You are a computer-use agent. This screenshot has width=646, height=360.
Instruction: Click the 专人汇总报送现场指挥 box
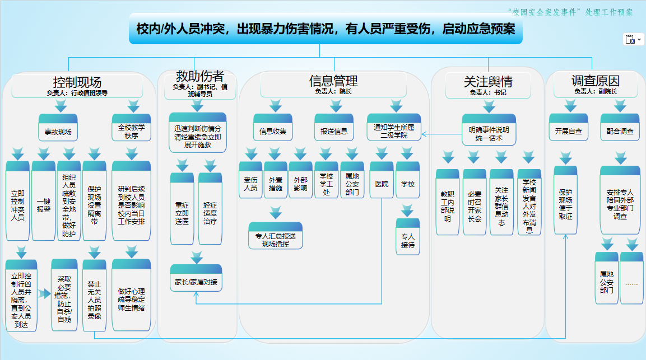[x=275, y=236]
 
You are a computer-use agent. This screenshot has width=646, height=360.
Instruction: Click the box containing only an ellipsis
[x=631, y=279]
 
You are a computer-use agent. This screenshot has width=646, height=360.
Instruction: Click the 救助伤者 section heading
[x=199, y=77]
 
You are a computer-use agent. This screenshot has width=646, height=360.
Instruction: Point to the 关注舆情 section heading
[x=487, y=82]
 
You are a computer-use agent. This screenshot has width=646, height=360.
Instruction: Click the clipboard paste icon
[x=630, y=39]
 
